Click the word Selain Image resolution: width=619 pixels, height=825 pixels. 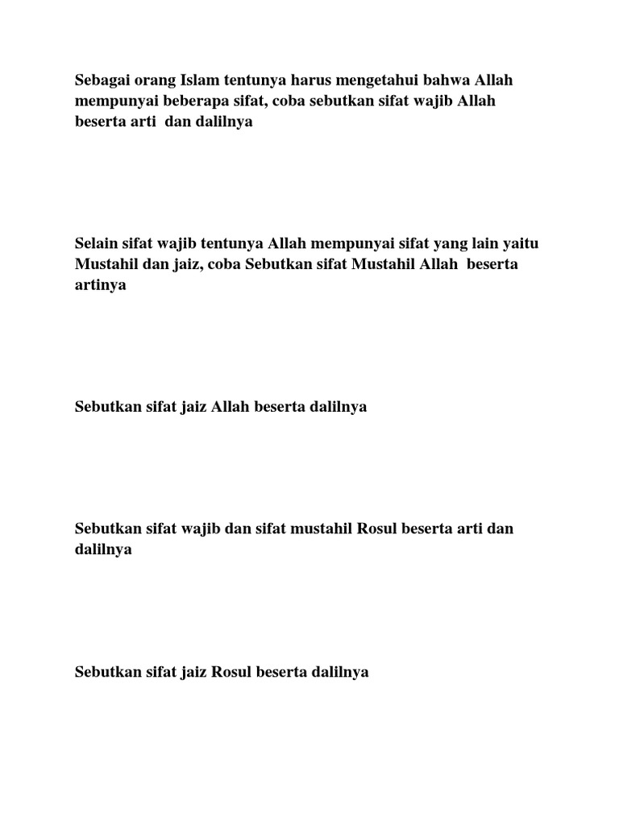point(95,243)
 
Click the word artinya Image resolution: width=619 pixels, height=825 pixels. point(101,285)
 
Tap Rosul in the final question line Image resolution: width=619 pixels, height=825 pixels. point(231,672)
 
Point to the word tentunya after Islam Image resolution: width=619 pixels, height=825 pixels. point(247,81)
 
